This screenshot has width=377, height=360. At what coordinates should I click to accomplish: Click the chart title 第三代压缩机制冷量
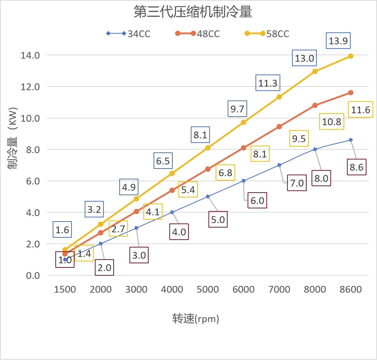click(x=193, y=12)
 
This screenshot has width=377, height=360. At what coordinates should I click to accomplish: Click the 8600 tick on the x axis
click(x=351, y=289)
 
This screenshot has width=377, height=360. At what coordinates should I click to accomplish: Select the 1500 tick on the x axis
click(x=65, y=289)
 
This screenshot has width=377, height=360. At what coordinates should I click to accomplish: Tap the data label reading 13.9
click(x=338, y=41)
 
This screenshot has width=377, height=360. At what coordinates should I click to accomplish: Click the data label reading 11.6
click(x=361, y=110)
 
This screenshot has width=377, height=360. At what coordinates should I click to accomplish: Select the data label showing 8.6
click(x=356, y=167)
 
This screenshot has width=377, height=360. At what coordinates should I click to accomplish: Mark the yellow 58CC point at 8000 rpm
click(x=315, y=71)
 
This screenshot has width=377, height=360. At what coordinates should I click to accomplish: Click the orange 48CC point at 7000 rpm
click(x=279, y=126)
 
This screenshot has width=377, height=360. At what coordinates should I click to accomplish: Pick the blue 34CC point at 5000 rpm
click(x=208, y=196)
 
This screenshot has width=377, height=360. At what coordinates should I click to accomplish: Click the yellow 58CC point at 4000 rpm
click(x=172, y=173)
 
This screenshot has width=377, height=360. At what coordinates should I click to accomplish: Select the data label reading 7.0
click(x=297, y=183)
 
